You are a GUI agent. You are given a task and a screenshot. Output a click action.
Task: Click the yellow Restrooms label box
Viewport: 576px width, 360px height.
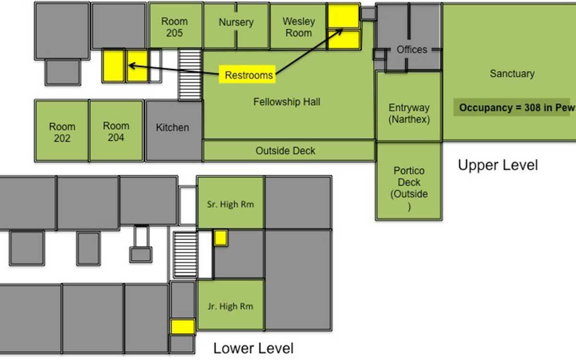(x=247, y=74)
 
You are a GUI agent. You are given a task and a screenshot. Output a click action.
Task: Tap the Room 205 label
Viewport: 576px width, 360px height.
(x=174, y=27)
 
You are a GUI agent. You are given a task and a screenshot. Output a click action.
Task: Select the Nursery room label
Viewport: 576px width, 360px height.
(x=236, y=22)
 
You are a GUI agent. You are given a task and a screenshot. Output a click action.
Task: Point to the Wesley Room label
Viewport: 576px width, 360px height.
(x=299, y=27)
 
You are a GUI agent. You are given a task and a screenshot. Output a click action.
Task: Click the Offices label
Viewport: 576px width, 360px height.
(x=412, y=49)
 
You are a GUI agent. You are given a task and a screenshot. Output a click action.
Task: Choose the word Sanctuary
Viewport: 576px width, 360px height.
(x=512, y=73)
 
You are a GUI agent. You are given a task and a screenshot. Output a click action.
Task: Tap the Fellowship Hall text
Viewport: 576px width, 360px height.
(x=287, y=102)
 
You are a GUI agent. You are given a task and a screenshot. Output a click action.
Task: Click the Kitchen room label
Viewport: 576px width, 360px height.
(x=172, y=128)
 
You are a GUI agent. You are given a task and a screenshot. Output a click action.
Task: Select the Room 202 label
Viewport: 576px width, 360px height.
(x=62, y=132)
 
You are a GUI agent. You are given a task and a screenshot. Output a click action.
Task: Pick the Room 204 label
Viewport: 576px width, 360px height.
(x=116, y=132)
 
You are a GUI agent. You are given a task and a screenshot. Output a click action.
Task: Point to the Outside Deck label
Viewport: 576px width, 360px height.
(x=285, y=151)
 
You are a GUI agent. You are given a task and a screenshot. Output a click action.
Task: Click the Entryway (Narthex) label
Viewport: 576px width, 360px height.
(x=409, y=113)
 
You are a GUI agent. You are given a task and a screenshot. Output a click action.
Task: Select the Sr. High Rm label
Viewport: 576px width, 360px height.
(x=230, y=204)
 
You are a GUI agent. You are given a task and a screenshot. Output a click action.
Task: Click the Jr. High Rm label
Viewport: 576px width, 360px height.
(x=230, y=306)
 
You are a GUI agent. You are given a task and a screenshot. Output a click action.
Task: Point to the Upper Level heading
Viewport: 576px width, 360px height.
(x=498, y=165)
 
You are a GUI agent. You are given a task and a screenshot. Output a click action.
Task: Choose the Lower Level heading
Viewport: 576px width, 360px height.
(x=253, y=348)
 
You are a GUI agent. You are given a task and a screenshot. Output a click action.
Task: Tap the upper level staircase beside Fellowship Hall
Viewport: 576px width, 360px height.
(x=190, y=75)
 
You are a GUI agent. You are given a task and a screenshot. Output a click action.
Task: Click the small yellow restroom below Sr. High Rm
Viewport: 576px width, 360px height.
(x=221, y=238)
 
